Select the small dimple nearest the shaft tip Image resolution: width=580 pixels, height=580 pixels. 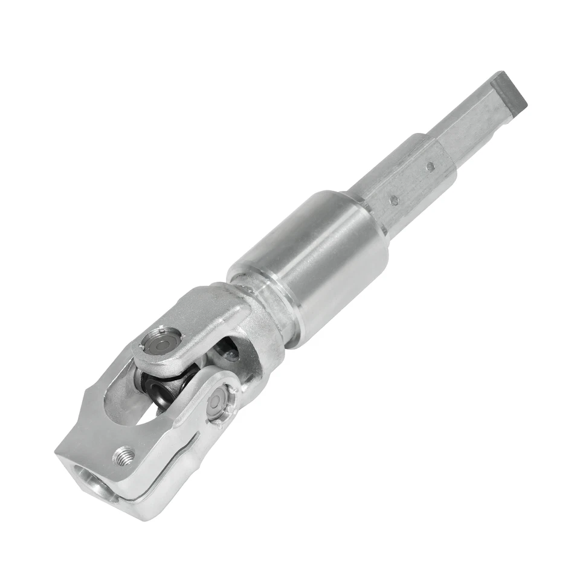coord(430,166)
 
